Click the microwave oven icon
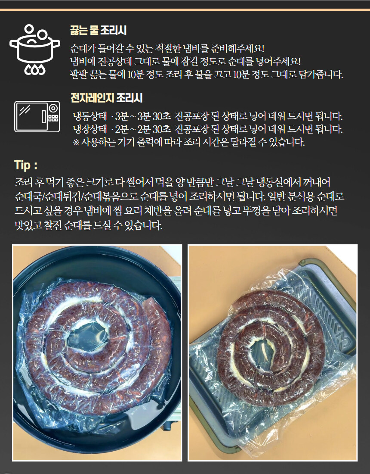[37, 116]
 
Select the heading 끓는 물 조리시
[98, 31]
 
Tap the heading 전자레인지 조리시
[106, 99]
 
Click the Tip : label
[26, 165]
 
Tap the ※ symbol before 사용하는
[76, 142]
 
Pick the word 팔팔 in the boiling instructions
[79, 74]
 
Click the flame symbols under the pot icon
[34, 69]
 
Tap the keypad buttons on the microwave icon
[53, 117]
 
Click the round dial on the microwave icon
[53, 108]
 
